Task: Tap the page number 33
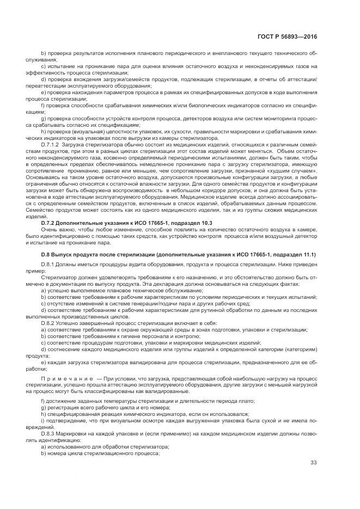tap(313, 463)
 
